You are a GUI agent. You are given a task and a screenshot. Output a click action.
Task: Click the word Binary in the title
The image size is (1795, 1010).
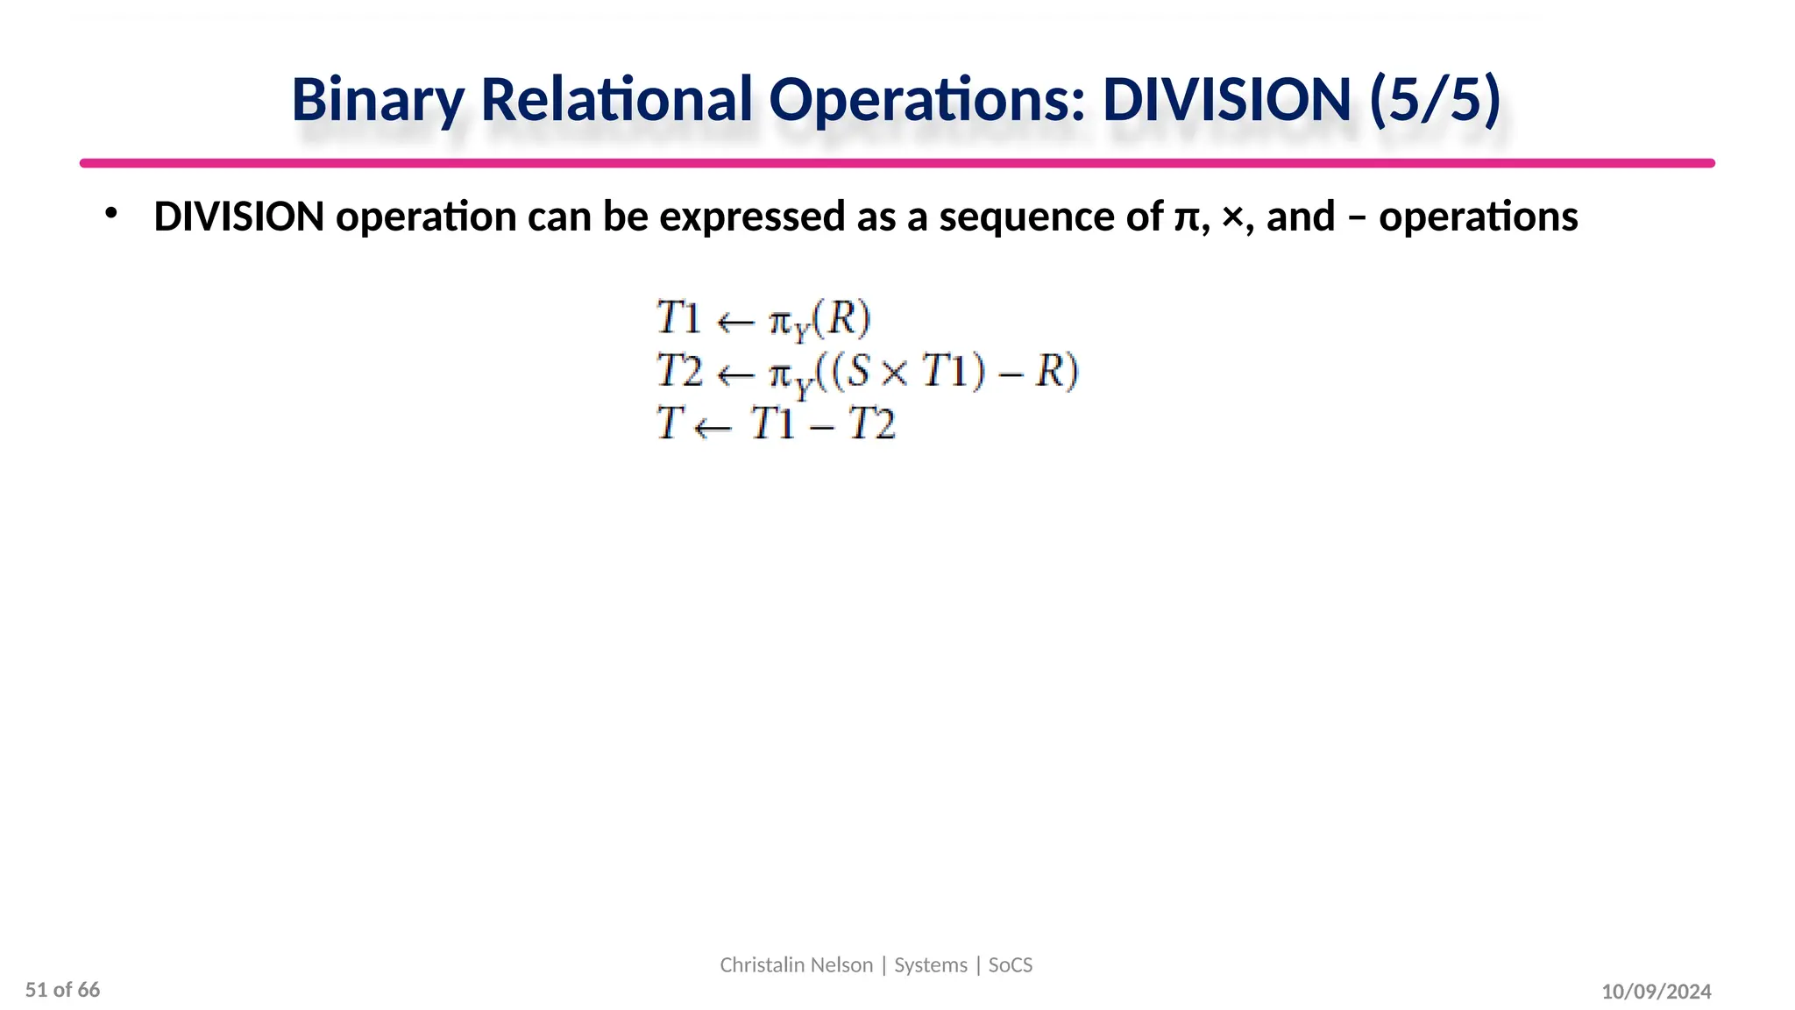378,100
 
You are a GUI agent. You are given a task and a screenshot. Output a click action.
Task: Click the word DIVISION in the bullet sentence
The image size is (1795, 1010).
239,217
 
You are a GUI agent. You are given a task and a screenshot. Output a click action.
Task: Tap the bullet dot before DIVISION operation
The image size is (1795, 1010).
110,213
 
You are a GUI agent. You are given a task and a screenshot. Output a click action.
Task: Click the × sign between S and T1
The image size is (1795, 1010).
895,373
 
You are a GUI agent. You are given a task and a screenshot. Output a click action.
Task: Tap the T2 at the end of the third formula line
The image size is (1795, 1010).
872,424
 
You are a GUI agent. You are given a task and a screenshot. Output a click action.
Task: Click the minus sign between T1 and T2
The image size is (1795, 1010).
821,427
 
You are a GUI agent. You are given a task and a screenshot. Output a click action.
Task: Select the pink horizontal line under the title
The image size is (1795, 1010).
897,163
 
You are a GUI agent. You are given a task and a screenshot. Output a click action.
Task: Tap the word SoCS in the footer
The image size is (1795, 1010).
1011,964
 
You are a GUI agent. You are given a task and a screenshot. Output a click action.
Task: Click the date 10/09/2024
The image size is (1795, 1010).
1656,992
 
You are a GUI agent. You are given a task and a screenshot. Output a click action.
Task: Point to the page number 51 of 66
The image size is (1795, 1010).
63,990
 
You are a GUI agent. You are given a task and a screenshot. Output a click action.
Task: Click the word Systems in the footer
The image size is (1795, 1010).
931,964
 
